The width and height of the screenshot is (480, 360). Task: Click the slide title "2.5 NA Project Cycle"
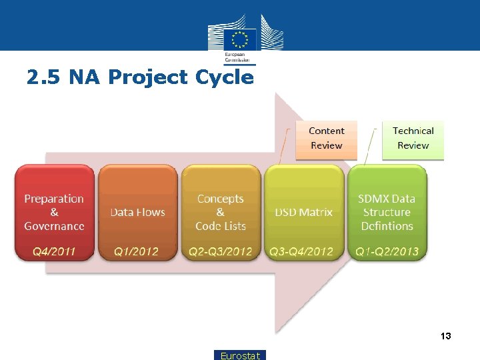(x=140, y=77)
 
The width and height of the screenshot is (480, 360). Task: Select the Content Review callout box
(x=326, y=139)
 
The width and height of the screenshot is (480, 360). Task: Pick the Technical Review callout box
(x=413, y=139)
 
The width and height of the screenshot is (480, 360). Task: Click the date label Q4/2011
(x=54, y=251)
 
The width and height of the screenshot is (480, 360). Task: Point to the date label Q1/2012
(x=137, y=251)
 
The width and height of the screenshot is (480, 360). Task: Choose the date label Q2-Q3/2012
(x=221, y=251)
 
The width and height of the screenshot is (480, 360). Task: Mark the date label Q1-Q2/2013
(x=387, y=251)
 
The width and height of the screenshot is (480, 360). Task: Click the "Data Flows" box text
(x=137, y=212)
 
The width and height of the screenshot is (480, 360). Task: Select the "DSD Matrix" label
(x=303, y=212)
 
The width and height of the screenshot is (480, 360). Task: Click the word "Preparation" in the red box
(x=54, y=199)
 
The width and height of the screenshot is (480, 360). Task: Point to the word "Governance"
(x=54, y=226)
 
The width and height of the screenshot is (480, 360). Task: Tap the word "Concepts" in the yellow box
(x=221, y=199)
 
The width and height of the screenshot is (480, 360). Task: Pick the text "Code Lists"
(x=221, y=226)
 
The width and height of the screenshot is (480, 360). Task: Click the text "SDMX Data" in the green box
(x=387, y=199)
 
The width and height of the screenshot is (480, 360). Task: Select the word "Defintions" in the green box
(x=387, y=226)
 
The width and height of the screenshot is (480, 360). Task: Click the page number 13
(x=445, y=336)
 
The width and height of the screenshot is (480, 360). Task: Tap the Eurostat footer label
(x=240, y=355)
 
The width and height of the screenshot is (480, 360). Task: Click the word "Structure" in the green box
(x=387, y=212)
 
